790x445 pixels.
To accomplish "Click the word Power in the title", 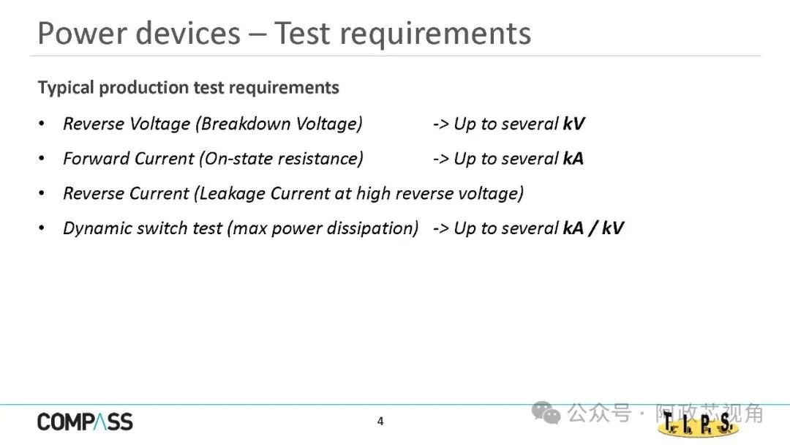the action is pyautogui.click(x=82, y=34).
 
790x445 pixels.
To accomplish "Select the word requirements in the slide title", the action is pyautogui.click(x=435, y=35).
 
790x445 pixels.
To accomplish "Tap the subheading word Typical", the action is pyautogui.click(x=66, y=88).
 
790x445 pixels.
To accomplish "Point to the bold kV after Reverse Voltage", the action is pyautogui.click(x=574, y=124).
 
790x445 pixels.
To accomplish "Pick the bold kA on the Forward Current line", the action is pyautogui.click(x=573, y=158).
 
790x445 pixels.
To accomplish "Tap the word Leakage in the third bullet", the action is pyautogui.click(x=230, y=193).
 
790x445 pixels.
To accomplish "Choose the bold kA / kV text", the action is pyautogui.click(x=593, y=228).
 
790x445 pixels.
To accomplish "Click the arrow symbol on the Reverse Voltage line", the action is pyautogui.click(x=440, y=124).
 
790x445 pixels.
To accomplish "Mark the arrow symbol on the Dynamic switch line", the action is pyautogui.click(x=440, y=228).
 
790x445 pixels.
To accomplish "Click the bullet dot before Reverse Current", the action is pyautogui.click(x=42, y=193).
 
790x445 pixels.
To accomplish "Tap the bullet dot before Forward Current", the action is pyautogui.click(x=42, y=158).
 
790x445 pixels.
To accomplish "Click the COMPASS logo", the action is pyautogui.click(x=85, y=422).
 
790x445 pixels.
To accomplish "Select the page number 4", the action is pyautogui.click(x=380, y=422).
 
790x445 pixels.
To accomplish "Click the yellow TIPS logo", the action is pyautogui.click(x=698, y=424).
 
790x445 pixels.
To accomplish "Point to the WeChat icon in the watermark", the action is pyautogui.click(x=546, y=413).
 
